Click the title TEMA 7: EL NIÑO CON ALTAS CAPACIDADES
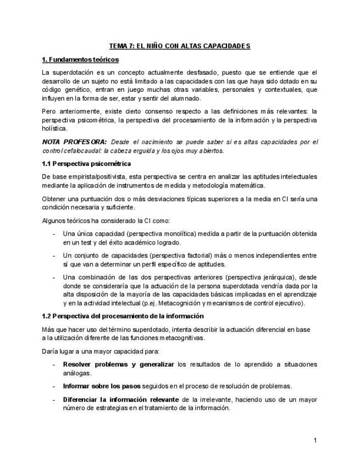[x=180, y=46]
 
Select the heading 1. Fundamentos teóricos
[x=80, y=59]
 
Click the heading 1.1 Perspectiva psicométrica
[x=86, y=163]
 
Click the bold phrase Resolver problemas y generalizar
[x=118, y=364]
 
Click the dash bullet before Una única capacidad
[x=53, y=234]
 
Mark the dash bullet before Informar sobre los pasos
[x=53, y=386]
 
